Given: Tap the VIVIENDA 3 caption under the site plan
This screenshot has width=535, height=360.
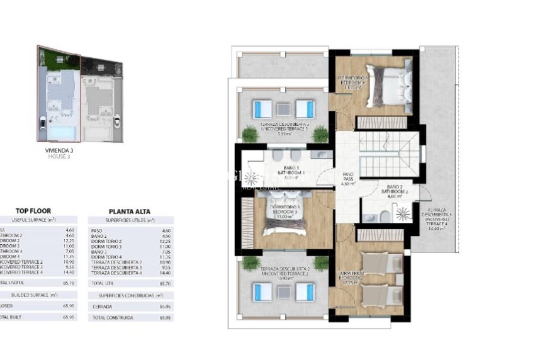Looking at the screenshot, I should [x=57, y=151].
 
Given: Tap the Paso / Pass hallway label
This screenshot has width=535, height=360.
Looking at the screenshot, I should [x=347, y=179].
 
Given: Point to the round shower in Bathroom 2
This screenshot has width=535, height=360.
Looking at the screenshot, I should [x=401, y=214].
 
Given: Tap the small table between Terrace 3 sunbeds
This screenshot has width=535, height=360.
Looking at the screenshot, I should [x=283, y=108].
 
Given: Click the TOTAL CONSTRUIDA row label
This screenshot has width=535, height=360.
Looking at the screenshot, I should [x=113, y=318].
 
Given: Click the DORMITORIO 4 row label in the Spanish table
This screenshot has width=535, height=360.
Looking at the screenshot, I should [x=106, y=257].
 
